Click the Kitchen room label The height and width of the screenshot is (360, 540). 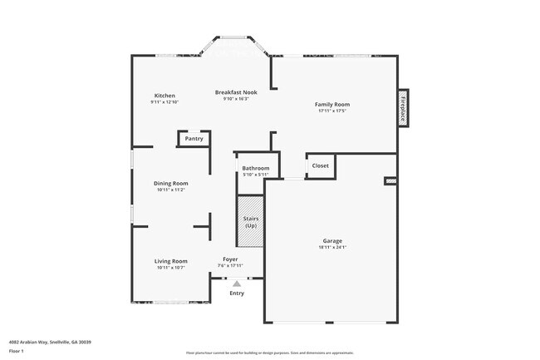164,96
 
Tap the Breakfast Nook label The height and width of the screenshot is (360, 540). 236,92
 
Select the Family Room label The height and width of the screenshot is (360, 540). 331,104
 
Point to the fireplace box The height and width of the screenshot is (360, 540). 403,107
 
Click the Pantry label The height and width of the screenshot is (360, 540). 194,139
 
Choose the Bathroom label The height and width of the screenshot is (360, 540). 255,168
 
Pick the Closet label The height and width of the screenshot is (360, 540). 320,165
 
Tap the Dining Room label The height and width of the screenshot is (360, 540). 171,183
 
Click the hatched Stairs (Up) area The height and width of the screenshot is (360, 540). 250,222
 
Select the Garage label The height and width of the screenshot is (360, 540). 332,241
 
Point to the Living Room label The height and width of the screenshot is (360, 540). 171,261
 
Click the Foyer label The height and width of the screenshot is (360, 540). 230,259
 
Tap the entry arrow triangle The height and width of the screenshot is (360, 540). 237,284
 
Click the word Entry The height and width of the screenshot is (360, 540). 237,293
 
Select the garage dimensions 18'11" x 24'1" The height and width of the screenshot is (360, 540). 332,247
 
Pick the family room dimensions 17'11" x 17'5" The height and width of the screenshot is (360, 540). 331,111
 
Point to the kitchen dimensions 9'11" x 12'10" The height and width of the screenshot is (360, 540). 164,102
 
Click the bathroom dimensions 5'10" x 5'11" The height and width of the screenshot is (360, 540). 255,175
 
